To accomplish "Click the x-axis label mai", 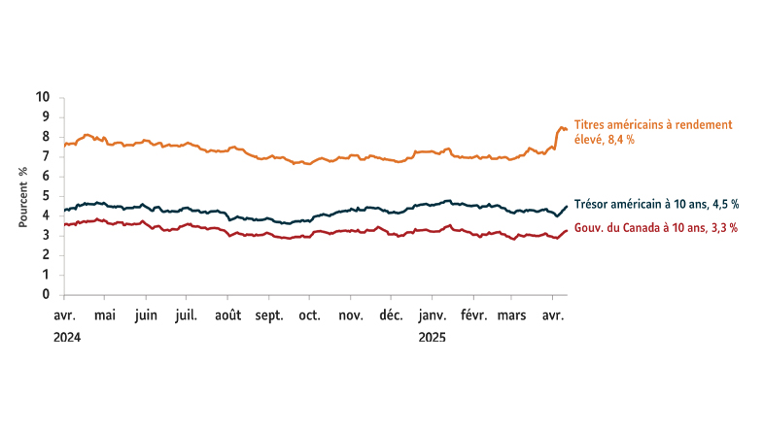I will [105, 315].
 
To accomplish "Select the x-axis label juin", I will [145, 315].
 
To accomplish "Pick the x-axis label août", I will [228, 315].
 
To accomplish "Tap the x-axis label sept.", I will [269, 315].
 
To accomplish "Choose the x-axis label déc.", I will [391, 315].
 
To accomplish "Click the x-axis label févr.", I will [473, 315].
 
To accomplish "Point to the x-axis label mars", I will [512, 315].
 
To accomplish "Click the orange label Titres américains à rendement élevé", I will [652, 132].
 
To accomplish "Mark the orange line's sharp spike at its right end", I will [560, 127].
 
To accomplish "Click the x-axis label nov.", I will [350, 315].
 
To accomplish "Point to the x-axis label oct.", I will [310, 315].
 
